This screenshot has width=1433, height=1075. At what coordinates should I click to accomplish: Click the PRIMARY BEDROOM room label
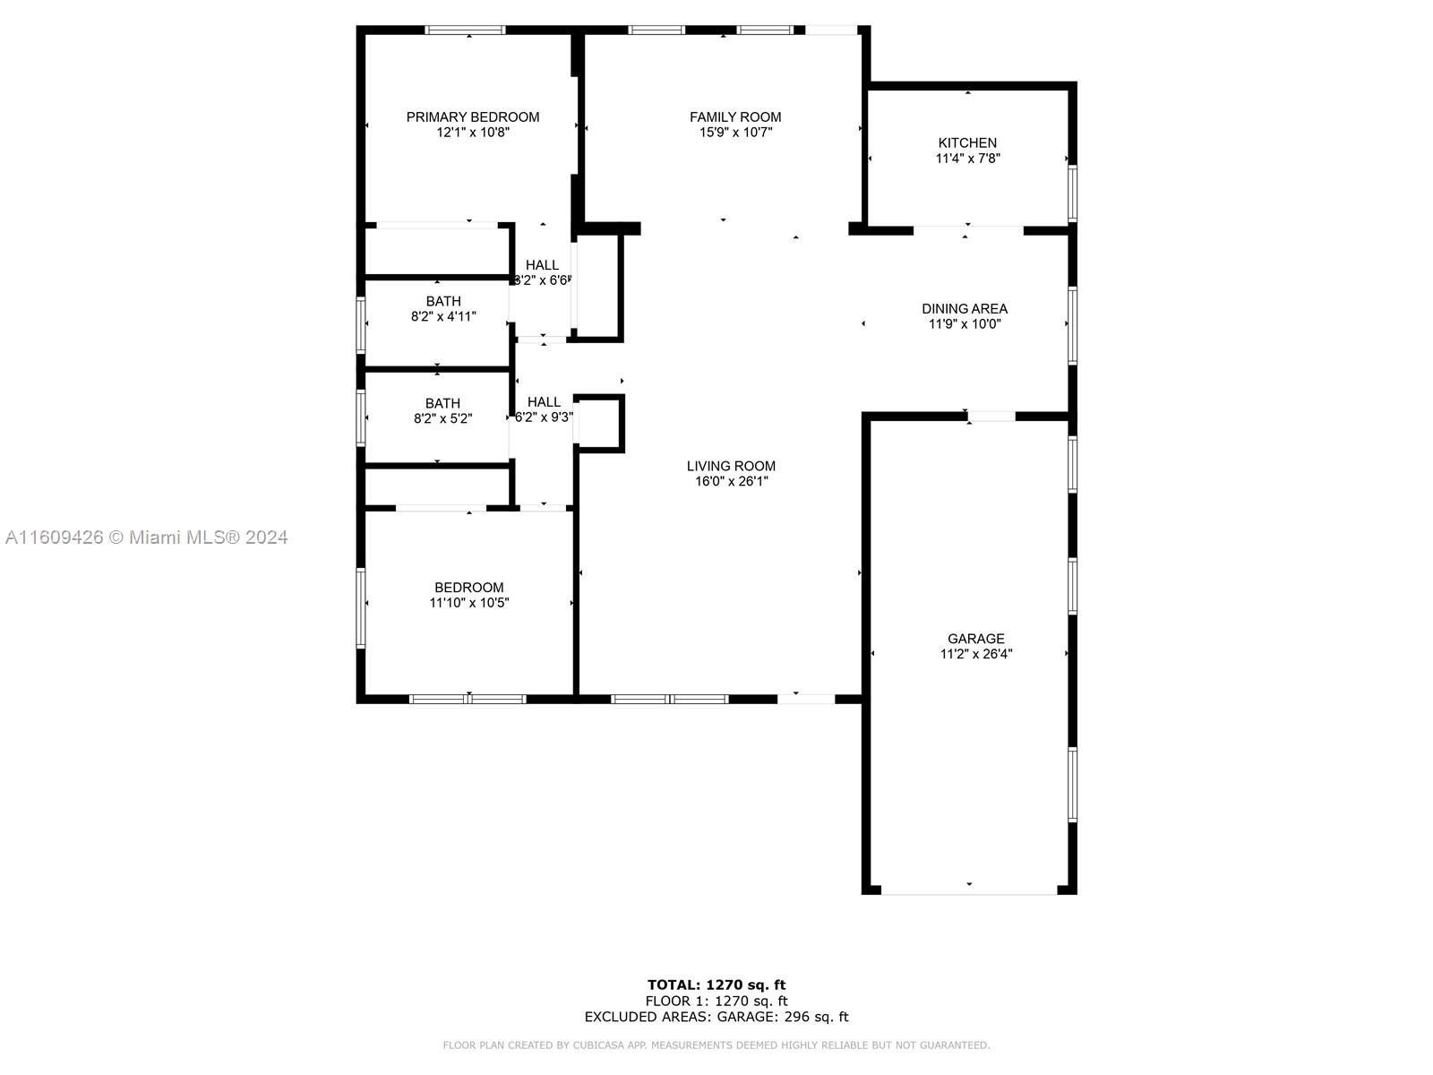coord(473,117)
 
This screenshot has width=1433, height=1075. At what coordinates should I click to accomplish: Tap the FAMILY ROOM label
coord(735,117)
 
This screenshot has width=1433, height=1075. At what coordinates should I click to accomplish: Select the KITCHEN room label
coord(967,143)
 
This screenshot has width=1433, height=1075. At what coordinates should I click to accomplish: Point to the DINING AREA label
coord(965,309)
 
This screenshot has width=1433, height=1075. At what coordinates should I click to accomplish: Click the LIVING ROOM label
coord(731,466)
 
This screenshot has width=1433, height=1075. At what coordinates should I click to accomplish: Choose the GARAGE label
coord(976,639)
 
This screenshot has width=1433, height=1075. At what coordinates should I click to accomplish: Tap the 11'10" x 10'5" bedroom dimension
coord(468,602)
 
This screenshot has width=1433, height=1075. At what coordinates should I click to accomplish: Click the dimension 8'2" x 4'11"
coord(443,316)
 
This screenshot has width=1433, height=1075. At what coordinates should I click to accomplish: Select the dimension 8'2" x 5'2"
coord(442,418)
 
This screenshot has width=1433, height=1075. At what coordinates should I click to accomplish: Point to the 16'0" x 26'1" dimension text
coord(731,482)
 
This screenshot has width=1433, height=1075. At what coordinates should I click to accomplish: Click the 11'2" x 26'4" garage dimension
coord(976,654)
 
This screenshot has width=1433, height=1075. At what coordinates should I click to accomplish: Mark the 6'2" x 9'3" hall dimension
coord(544,417)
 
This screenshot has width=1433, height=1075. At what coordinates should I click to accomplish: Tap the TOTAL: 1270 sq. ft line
coord(716,985)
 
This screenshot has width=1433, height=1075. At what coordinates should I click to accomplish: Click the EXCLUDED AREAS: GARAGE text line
coord(716,1016)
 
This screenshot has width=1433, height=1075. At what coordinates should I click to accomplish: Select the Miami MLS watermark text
coord(146,537)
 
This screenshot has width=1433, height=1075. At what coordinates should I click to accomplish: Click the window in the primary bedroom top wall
coord(465,30)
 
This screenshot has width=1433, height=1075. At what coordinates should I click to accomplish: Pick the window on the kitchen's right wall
coord(1072,193)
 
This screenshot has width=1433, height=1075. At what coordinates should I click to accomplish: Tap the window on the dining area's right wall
coord(1072,325)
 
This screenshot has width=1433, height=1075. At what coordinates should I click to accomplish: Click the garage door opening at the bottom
coord(969,890)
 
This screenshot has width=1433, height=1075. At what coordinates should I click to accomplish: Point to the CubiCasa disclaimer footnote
coord(716,1045)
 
